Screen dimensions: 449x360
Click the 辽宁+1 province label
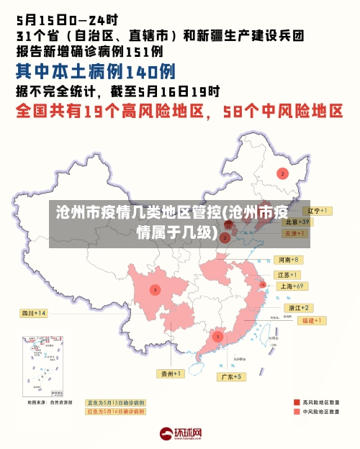click(316, 211)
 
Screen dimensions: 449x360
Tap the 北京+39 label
click(296, 222)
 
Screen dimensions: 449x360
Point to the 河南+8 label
click(288, 259)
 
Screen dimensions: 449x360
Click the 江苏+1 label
click(288, 275)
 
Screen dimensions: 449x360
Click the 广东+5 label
click(232, 376)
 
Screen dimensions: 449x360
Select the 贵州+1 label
click(171, 373)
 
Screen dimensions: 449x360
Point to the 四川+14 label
click(34, 313)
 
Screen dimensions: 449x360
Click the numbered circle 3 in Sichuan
click(155, 290)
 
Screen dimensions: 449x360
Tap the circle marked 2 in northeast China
click(283, 173)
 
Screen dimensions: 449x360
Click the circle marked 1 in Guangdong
click(217, 336)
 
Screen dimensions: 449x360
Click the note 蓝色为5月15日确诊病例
click(115, 402)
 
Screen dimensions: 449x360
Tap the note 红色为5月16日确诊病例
click(115, 411)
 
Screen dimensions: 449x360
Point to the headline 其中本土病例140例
click(96, 71)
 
